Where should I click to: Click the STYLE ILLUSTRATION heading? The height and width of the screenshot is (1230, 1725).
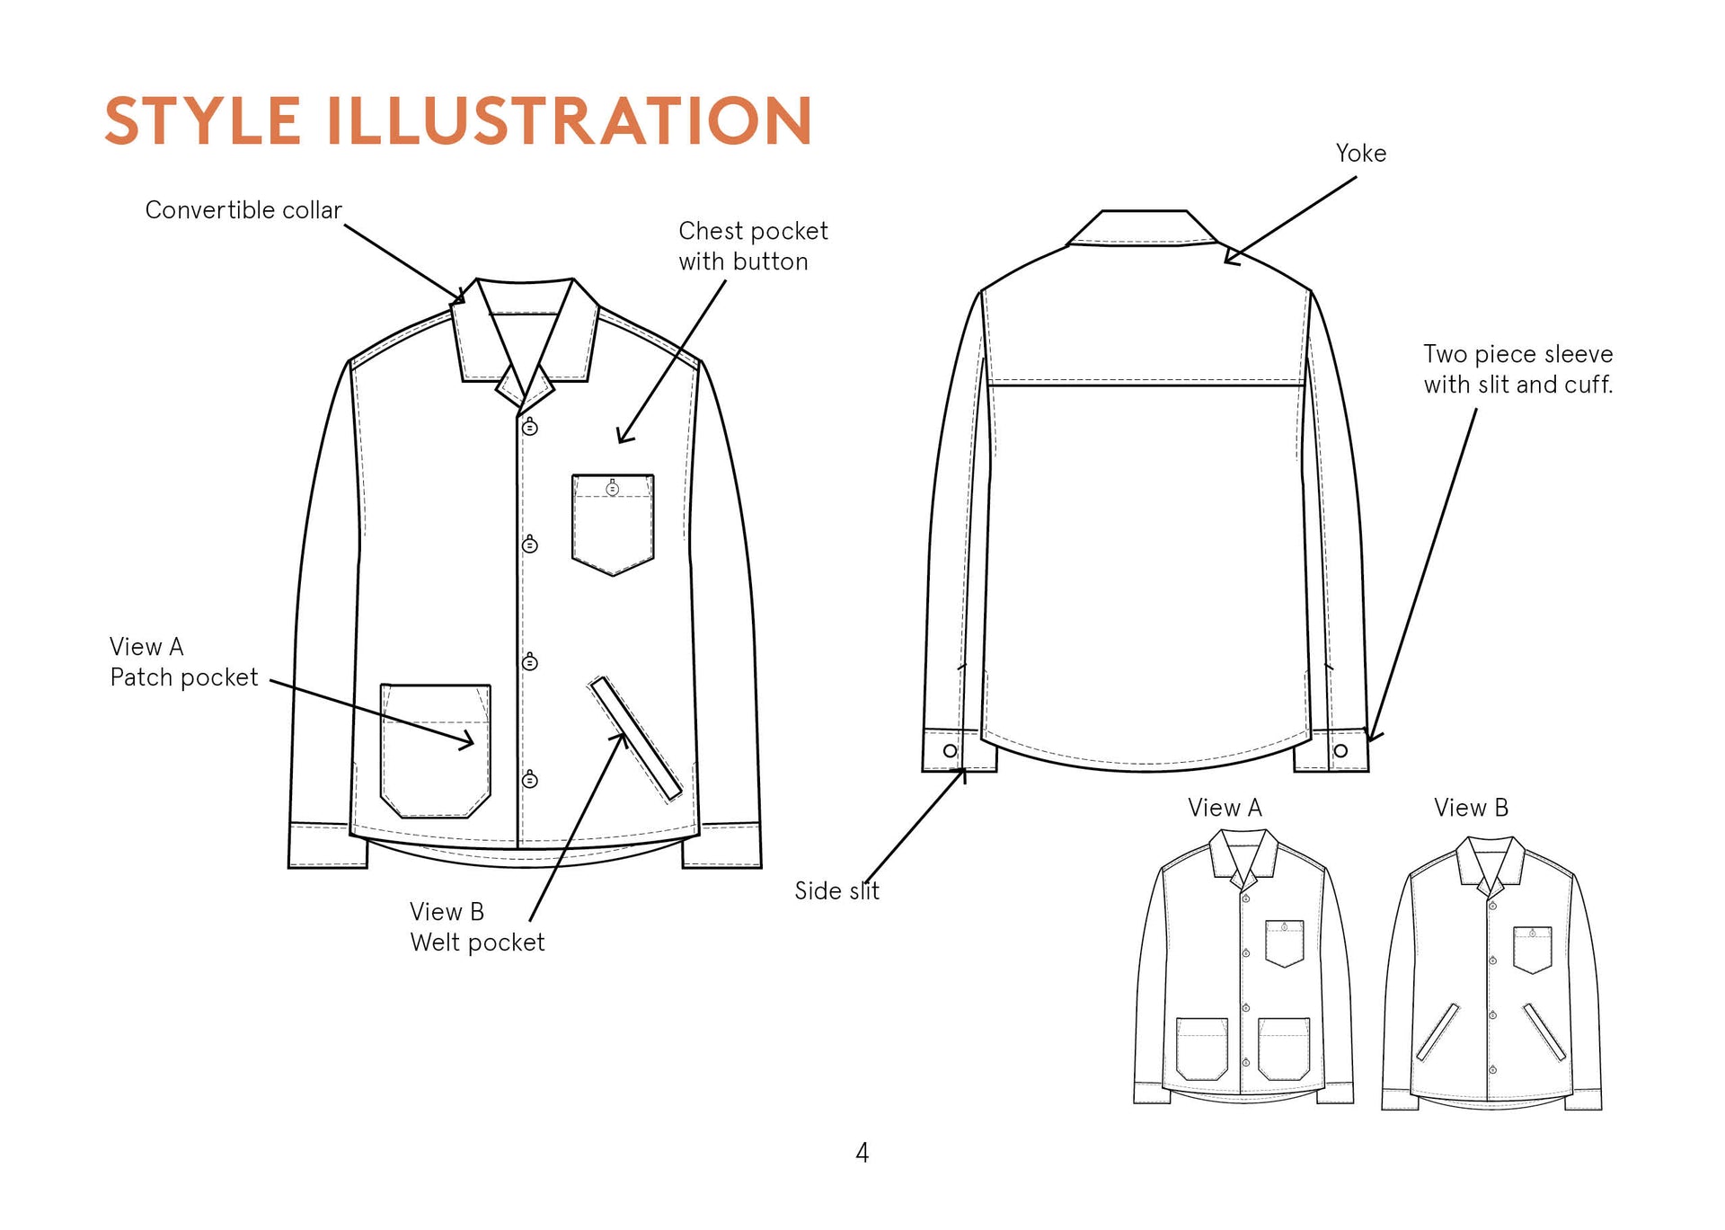point(458,120)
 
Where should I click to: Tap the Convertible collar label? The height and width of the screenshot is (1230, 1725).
point(243,210)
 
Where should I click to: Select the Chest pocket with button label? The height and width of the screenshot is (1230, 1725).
point(753,246)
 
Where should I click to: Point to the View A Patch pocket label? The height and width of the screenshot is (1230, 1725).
point(183,662)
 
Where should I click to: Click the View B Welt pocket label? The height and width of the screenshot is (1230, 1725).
point(477,927)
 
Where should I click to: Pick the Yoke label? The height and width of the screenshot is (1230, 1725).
point(1360,154)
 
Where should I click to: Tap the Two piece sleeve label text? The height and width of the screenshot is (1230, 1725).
point(1517,369)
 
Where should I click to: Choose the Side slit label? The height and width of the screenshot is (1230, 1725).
point(836,891)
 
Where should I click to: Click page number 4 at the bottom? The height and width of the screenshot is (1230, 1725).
point(862,1153)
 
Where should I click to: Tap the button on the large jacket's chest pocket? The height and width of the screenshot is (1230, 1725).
point(613,489)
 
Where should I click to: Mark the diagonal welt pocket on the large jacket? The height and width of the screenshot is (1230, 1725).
point(635,739)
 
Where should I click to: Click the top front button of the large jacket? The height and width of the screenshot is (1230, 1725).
point(530,428)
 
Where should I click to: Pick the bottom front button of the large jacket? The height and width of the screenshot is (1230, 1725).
point(530,780)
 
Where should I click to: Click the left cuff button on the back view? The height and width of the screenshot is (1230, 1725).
point(950,750)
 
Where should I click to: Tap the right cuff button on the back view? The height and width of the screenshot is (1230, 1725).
point(1340,750)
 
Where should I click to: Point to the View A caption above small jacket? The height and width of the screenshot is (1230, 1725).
point(1225,809)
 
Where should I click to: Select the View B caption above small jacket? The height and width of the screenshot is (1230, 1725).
point(1471,809)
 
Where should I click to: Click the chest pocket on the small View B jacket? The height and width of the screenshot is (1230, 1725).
point(1532,951)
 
